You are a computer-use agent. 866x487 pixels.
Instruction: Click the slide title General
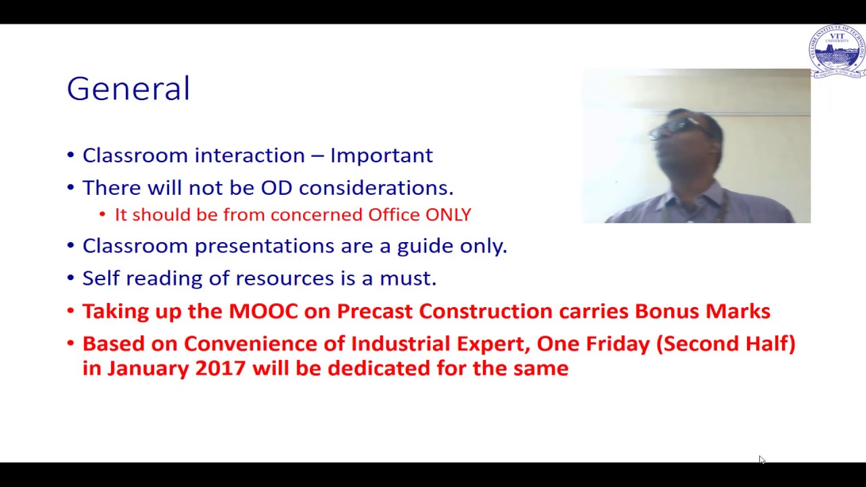(129, 89)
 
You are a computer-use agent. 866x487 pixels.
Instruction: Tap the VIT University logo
(837, 51)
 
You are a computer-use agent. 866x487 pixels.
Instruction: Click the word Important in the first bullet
(381, 156)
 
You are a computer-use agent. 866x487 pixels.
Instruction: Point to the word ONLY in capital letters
(448, 215)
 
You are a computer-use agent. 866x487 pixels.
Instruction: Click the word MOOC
(263, 311)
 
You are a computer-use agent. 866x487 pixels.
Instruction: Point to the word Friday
(617, 344)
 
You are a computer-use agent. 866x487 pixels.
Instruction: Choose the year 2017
(220, 369)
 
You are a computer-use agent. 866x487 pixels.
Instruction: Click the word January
(148, 369)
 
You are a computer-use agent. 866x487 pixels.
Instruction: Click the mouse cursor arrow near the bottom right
(761, 459)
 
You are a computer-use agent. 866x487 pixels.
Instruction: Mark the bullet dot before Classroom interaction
(71, 156)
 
